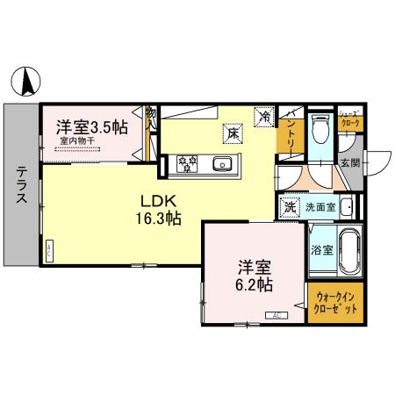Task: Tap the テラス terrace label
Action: pyautogui.click(x=19, y=185)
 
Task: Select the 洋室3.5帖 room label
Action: pyautogui.click(x=93, y=126)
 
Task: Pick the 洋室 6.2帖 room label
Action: pyautogui.click(x=252, y=274)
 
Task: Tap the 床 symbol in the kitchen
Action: pyautogui.click(x=233, y=133)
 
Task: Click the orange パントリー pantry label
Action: pyautogui.click(x=290, y=136)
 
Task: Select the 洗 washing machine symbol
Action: pyautogui.click(x=289, y=208)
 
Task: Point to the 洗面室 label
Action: pyautogui.click(x=320, y=209)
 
